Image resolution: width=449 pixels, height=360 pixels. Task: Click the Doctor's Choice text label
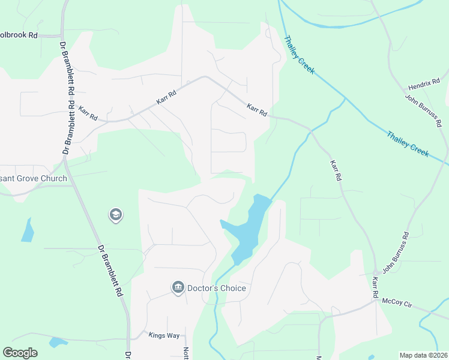tap(217, 289)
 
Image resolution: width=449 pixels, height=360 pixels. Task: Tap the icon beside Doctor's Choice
tap(178, 288)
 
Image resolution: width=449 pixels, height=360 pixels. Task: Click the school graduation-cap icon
tap(115, 215)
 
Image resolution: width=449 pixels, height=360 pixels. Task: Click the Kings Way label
tap(163, 335)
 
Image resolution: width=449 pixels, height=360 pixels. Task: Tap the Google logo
tap(20, 353)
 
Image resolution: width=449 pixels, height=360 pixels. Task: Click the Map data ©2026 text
tap(423, 355)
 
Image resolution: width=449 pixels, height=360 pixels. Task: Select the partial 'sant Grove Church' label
tap(30, 170)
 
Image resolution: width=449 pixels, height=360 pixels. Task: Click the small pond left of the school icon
tap(27, 230)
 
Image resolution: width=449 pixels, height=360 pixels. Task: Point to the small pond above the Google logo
tap(58, 342)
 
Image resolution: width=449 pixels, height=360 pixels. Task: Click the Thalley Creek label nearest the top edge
tap(299, 54)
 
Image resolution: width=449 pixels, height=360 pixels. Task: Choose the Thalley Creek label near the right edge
tap(408, 145)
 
